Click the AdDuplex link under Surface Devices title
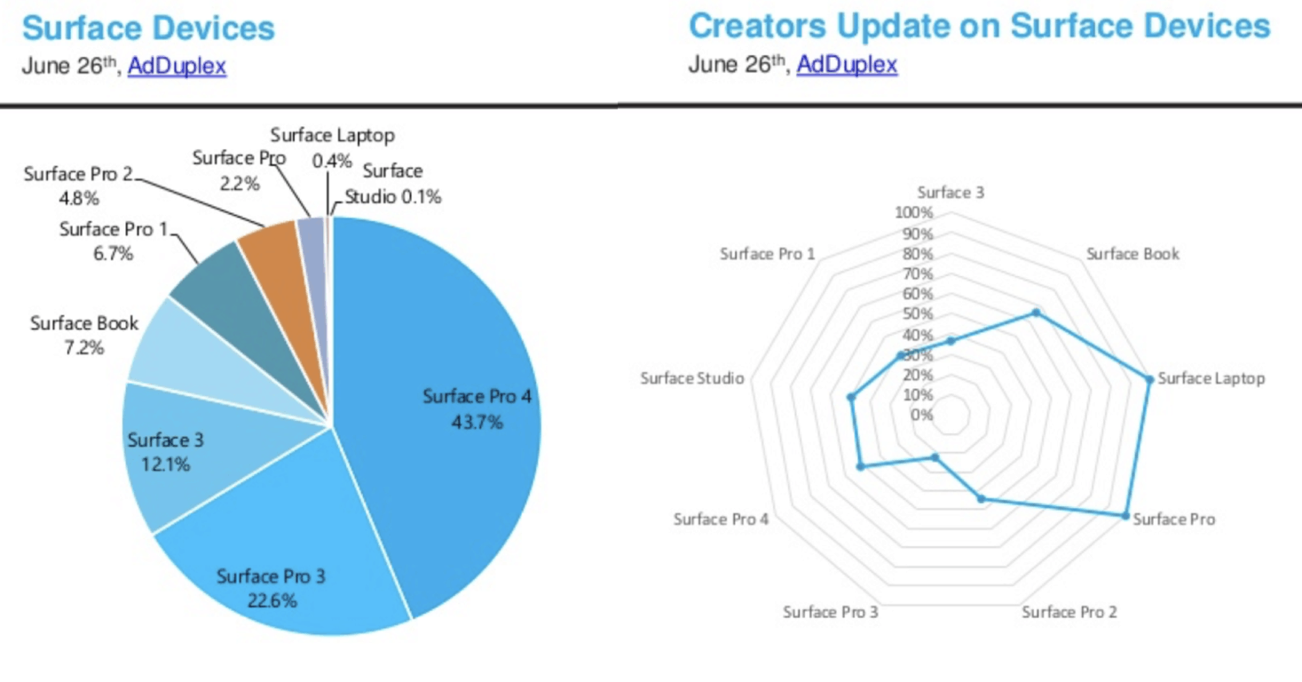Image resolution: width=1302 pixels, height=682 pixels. [x=177, y=66]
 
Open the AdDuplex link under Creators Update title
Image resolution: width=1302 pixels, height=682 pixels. [x=847, y=65]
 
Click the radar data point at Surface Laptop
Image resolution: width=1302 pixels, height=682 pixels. [x=1149, y=380]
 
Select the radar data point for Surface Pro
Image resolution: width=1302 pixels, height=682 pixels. [x=1125, y=516]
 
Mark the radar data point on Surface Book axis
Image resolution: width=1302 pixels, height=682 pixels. [x=1036, y=313]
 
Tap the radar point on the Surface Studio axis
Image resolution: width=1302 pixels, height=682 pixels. [x=851, y=398]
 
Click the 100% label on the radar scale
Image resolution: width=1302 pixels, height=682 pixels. [x=914, y=213]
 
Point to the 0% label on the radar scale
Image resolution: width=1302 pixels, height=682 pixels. [x=921, y=415]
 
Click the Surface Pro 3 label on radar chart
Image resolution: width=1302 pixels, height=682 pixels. [x=830, y=612]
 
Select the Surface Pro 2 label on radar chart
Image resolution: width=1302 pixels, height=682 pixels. [x=1069, y=612]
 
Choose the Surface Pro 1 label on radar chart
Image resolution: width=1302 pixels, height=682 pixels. [x=767, y=254]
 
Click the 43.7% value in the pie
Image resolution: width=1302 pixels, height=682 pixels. [x=477, y=422]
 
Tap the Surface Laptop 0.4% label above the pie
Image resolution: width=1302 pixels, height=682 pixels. [x=333, y=147]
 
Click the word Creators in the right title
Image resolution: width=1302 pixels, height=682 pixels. [x=757, y=26]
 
